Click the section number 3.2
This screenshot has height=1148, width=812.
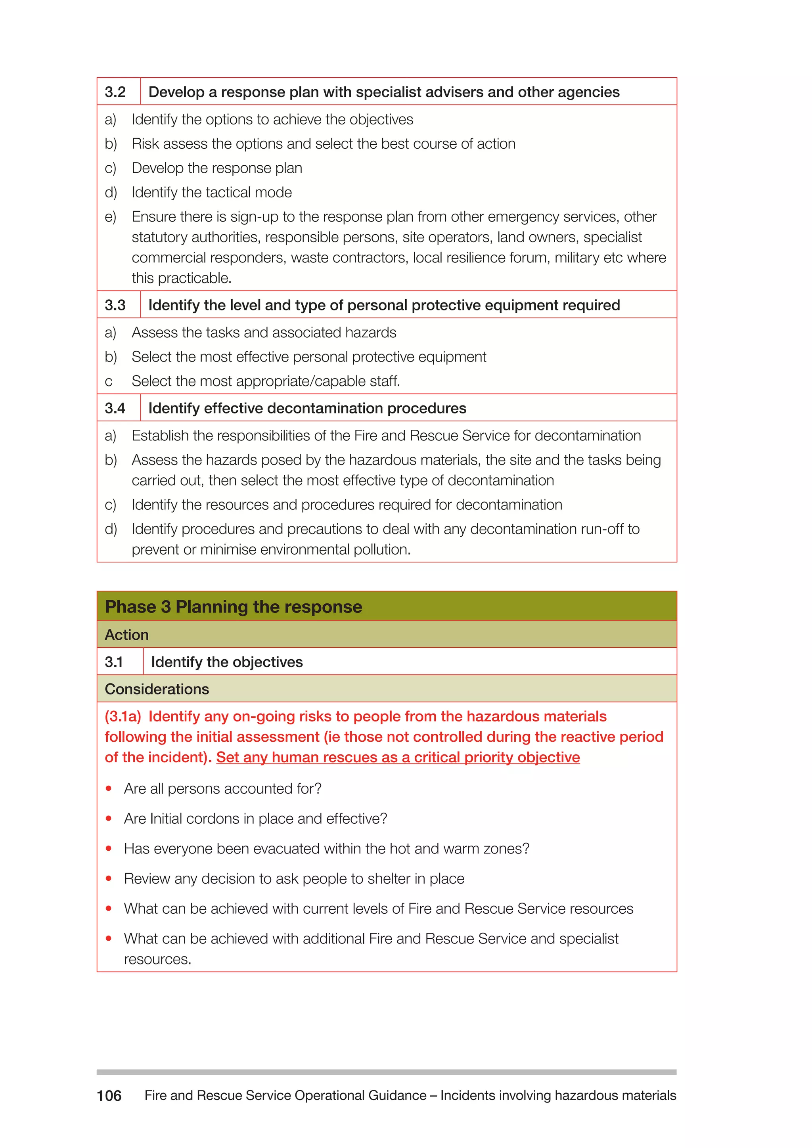point(115,92)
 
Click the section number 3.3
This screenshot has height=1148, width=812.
point(115,305)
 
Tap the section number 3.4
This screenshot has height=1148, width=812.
point(115,408)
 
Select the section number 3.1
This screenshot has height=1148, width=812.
point(114,662)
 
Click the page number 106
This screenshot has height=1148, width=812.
point(109,1096)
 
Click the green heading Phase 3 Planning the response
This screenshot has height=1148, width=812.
point(234,607)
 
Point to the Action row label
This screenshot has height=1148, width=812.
point(126,635)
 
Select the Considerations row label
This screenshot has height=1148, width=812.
point(157,689)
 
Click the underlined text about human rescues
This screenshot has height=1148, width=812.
point(398,757)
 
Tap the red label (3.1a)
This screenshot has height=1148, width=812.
point(123,716)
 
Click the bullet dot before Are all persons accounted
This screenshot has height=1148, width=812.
point(109,788)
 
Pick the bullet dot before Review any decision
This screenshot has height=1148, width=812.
point(109,878)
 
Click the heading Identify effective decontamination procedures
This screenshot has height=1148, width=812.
point(307,408)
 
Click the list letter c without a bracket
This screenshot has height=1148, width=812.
point(109,381)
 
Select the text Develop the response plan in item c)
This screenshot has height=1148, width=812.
point(216,168)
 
